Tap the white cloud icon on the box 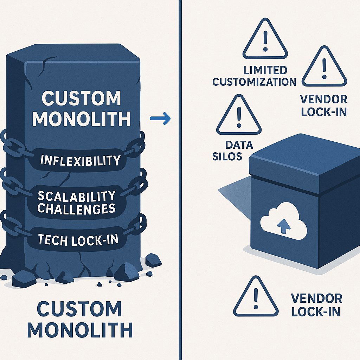283,221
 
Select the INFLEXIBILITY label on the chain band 81,161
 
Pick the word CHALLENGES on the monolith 76,209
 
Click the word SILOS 227,156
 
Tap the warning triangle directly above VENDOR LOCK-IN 324,67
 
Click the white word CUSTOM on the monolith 81,99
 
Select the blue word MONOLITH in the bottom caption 80,330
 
